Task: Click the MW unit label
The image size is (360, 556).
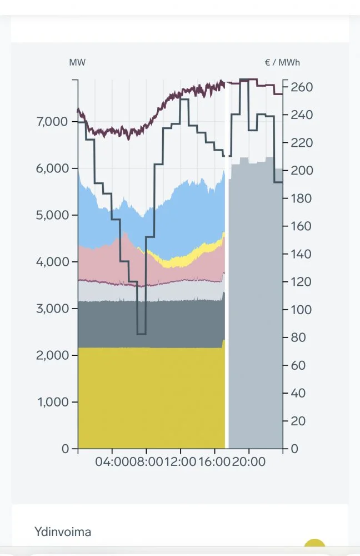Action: pyautogui.click(x=77, y=62)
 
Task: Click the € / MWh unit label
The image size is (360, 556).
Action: pyautogui.click(x=282, y=62)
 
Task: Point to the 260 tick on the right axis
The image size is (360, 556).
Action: pyautogui.click(x=302, y=87)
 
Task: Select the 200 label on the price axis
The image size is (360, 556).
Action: pyautogui.click(x=302, y=171)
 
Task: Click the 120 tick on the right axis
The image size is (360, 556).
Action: pyautogui.click(x=302, y=282)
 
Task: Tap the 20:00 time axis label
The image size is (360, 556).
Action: pyautogui.click(x=248, y=462)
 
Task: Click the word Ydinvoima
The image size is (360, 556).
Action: pyautogui.click(x=63, y=532)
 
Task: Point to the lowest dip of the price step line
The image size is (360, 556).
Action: pyautogui.click(x=141, y=334)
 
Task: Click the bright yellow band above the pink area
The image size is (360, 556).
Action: pyautogui.click(x=183, y=260)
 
